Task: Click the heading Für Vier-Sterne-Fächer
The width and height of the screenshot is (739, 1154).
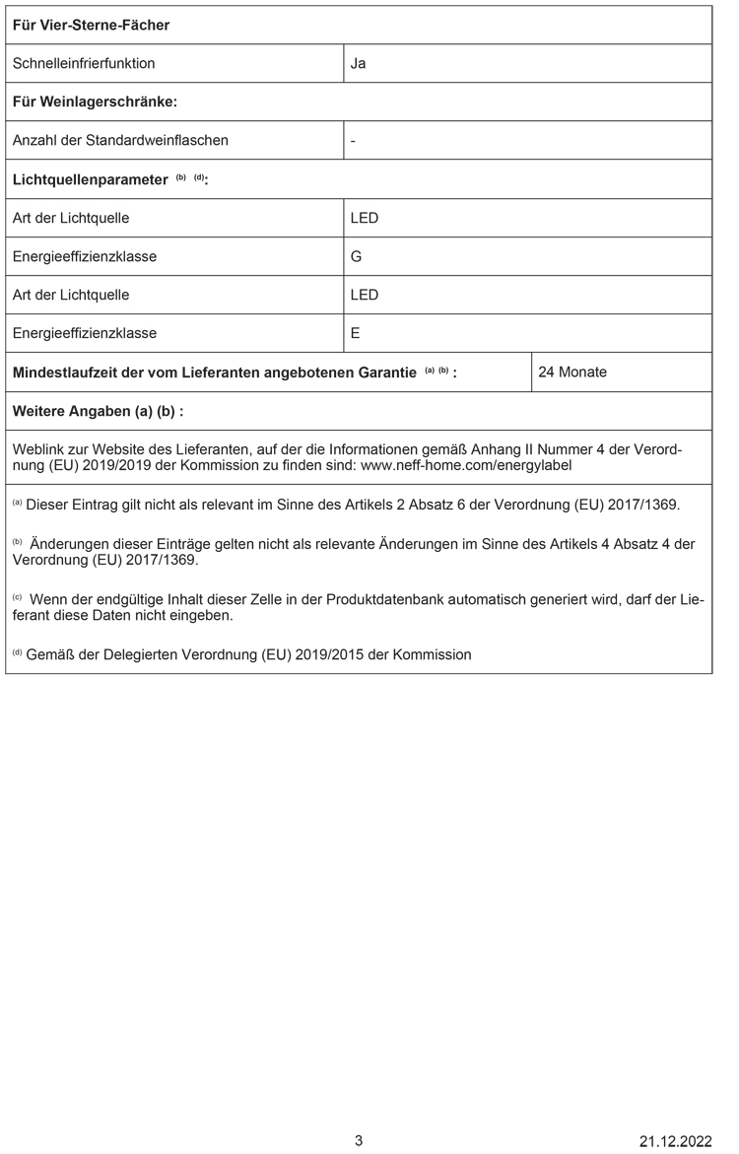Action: tap(91, 25)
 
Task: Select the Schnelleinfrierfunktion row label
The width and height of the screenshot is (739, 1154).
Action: tap(84, 64)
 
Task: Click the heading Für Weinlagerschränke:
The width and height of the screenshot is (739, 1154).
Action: tap(95, 102)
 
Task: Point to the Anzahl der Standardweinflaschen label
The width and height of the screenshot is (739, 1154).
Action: tap(120, 140)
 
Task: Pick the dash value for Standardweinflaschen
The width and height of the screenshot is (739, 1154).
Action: tap(353, 140)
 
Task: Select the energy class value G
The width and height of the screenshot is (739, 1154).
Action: tap(356, 256)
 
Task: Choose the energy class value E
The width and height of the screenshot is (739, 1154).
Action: tap(355, 333)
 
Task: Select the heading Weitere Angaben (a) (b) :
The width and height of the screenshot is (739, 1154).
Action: tap(98, 411)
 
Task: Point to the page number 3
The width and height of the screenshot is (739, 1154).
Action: tap(359, 1141)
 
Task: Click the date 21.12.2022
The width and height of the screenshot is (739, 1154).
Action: tap(675, 1141)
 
